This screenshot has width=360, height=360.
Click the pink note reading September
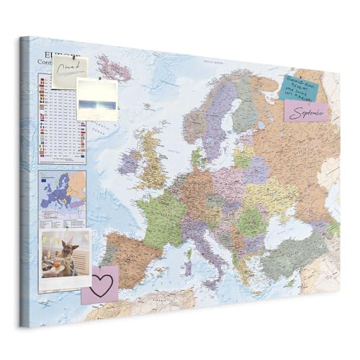(x=306, y=110)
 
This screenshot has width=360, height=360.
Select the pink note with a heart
(x=99, y=283)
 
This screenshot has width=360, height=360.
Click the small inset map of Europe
(x=62, y=190)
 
